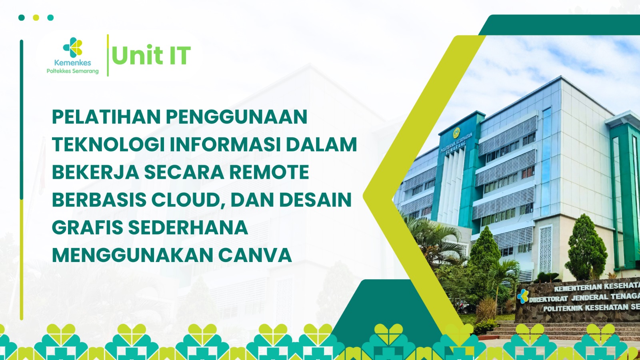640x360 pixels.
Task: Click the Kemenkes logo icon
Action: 72,48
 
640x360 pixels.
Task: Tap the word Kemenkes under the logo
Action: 72,63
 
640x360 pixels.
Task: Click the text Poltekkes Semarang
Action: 72,71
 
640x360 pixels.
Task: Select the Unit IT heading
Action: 151,56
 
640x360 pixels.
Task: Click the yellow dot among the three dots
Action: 36,18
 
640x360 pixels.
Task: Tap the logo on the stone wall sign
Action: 522,296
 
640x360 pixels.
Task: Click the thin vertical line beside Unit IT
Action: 108,56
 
